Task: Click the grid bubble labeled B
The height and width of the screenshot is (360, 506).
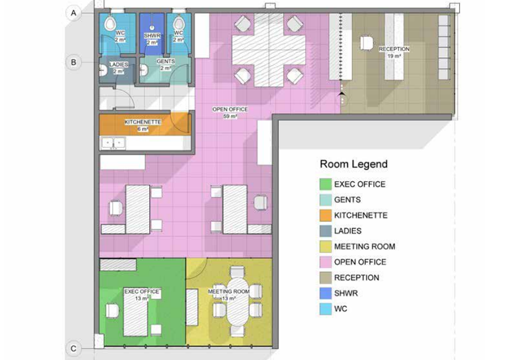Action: (x=74, y=62)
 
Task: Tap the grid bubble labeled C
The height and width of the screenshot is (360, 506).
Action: (x=74, y=348)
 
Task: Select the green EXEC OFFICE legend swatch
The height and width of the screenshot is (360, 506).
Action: (x=325, y=185)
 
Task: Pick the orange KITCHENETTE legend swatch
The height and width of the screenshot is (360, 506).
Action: (x=325, y=215)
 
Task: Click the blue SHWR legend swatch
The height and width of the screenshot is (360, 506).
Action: (x=325, y=293)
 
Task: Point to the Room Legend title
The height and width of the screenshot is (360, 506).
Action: (x=353, y=164)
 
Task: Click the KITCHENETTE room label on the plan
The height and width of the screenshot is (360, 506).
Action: (x=142, y=125)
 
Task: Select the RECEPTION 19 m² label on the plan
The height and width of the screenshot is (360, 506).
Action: (x=394, y=53)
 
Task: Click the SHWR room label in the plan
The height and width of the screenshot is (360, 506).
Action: (x=152, y=39)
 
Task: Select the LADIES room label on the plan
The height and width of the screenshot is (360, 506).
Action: (x=118, y=67)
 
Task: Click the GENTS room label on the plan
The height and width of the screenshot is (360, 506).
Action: (x=165, y=65)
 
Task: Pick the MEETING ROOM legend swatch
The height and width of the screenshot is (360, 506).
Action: (x=325, y=247)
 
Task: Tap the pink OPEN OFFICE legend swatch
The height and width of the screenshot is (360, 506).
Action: (x=325, y=262)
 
